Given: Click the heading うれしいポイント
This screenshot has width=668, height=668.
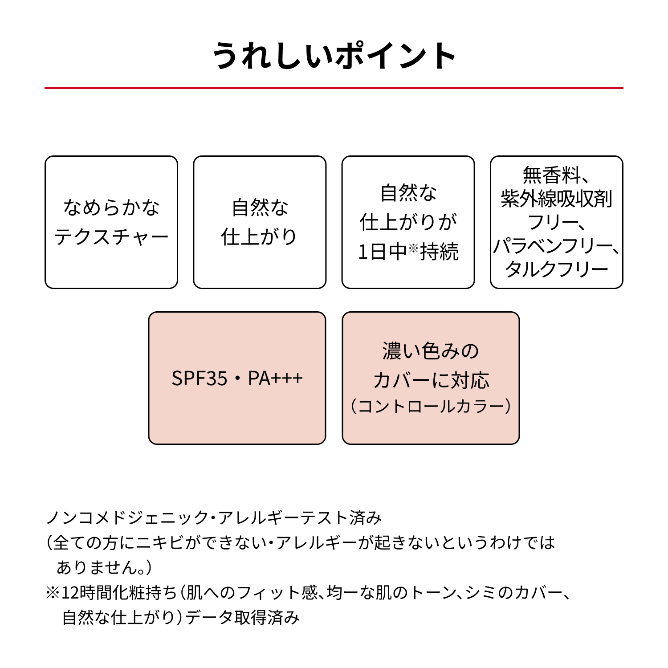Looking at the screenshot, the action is point(334,56).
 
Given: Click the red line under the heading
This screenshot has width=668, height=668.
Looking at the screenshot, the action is point(334,88).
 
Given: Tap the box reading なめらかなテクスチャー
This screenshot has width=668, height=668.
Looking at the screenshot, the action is point(111,222).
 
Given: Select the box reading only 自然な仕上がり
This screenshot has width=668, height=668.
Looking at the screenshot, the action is point(260,222).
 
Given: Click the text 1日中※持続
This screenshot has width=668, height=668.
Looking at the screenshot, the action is point(408,252).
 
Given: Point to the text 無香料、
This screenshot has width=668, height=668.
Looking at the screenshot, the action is point(557,175).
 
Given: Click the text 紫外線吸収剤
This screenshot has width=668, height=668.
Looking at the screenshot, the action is point(557,199).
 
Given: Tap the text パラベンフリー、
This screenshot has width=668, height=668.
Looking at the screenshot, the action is point(557,245).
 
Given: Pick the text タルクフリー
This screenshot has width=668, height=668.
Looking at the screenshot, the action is point(557,269).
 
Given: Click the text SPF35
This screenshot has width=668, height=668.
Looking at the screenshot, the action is point(200,379).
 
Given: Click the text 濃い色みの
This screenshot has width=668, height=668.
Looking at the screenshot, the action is point(431,351).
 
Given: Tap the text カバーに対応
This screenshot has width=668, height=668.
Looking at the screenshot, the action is point(431,380).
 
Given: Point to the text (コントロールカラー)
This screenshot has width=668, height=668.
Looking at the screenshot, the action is point(431,406).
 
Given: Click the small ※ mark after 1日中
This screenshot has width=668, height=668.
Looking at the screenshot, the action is point(414,248).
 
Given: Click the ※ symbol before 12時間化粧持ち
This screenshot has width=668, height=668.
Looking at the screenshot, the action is point(53,593).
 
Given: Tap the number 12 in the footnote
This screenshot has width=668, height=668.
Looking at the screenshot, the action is point(70,593).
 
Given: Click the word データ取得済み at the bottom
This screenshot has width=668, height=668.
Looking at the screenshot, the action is point(242,618).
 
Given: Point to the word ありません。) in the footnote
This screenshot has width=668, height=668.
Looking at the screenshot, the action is point(104,567).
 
